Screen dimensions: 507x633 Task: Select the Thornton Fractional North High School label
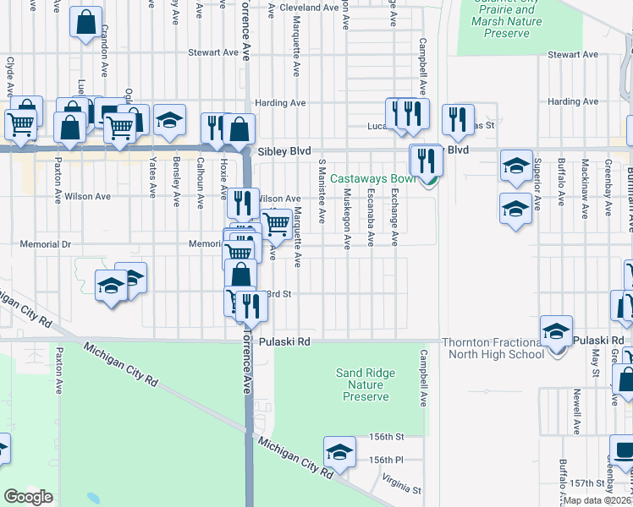click(x=493, y=347)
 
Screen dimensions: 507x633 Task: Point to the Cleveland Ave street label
click(x=309, y=7)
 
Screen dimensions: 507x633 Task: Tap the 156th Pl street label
click(x=387, y=460)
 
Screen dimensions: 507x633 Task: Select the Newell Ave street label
click(x=575, y=411)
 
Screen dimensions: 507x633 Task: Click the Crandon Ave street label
click(x=105, y=38)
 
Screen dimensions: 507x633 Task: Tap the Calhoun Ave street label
click(x=200, y=183)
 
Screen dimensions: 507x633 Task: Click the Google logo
click(x=28, y=496)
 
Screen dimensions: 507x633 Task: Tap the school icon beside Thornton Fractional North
click(x=557, y=330)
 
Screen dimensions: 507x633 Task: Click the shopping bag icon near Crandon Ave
click(x=85, y=23)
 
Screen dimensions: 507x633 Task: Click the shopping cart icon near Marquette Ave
click(x=276, y=224)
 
